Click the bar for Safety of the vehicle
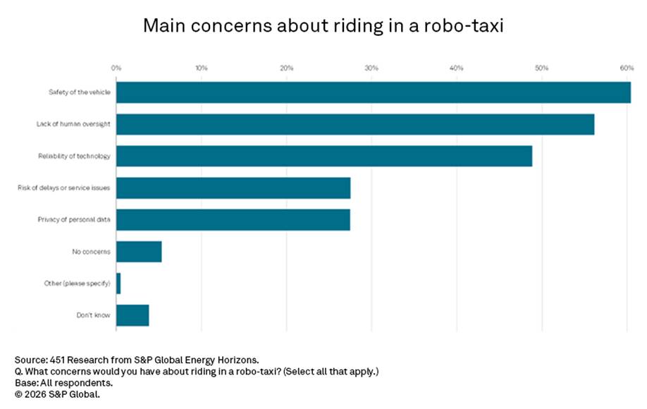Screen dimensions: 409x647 tap(373, 92)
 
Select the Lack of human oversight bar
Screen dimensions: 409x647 tap(355, 124)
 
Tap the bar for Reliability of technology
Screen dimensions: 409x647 tap(323, 156)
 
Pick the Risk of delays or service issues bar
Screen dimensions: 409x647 tap(233, 188)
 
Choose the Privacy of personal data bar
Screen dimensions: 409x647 tap(233, 219)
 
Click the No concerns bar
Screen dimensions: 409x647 tap(139, 251)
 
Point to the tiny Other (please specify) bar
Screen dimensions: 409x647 tap(118, 283)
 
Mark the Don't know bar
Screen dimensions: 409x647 tap(133, 315)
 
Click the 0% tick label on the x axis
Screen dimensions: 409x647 tap(116, 68)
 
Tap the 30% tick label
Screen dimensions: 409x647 tap(371, 68)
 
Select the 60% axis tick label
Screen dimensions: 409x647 tap(626, 68)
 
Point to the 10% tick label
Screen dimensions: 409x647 tap(202, 68)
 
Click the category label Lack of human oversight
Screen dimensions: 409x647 tap(73, 124)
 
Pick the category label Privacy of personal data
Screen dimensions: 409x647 tap(74, 219)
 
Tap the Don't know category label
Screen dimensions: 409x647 tap(93, 315)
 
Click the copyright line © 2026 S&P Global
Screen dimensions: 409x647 tap(57, 394)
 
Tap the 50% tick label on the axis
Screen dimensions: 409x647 tap(541, 68)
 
